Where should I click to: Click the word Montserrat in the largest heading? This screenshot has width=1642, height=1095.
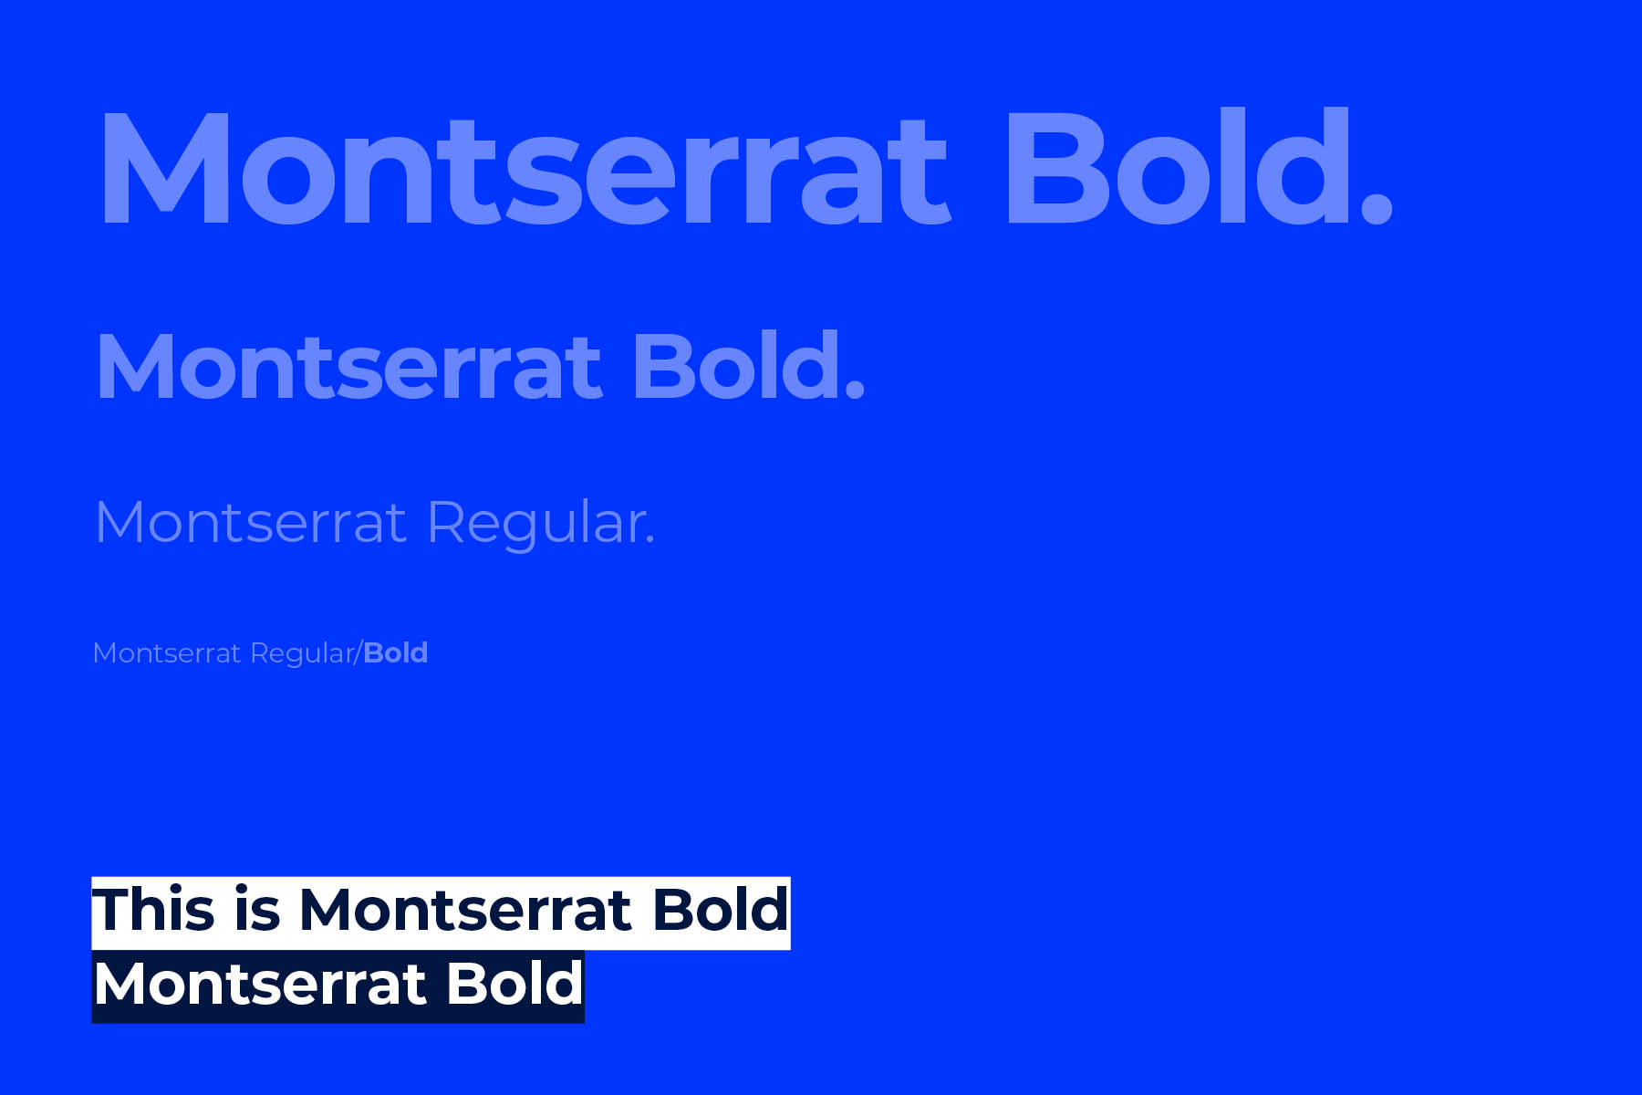526,167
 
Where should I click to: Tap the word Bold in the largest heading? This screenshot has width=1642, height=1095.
1178,164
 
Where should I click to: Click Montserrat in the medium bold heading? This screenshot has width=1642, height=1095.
349,367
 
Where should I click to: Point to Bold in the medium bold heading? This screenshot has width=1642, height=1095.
736,365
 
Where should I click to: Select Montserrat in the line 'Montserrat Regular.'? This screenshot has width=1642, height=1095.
250,522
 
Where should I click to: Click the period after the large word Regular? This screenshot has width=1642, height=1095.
650,541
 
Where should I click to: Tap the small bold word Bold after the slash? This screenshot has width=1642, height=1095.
395,652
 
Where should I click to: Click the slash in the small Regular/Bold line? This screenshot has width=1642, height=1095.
359,653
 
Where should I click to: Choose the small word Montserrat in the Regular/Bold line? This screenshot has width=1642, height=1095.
167,653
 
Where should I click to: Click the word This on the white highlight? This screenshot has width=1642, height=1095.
153,910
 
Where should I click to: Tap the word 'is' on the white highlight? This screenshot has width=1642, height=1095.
257,910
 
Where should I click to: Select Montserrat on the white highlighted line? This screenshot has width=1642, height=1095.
465,911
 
